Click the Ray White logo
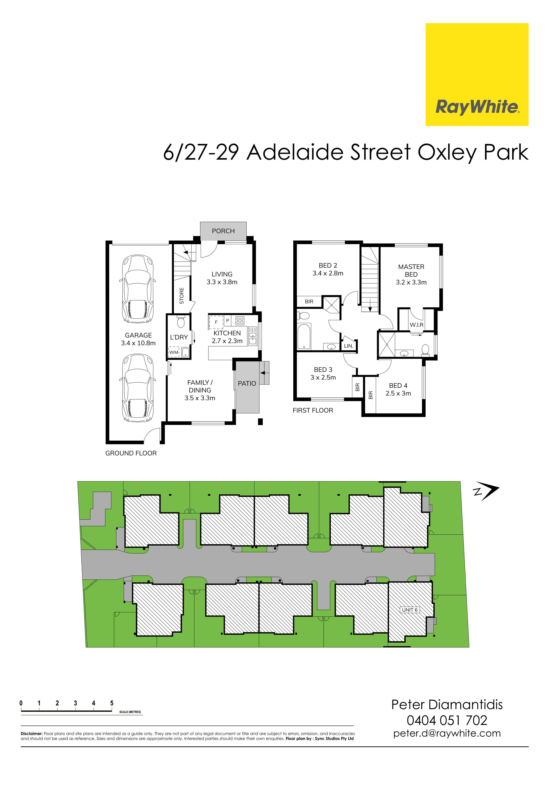point(477,74)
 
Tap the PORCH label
point(223,231)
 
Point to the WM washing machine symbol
point(174,352)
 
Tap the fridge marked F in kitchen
point(216,322)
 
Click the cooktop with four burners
point(240,321)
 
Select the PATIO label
point(247,383)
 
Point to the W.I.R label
point(417,325)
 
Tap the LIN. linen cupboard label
point(348,346)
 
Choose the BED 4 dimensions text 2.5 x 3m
point(398,393)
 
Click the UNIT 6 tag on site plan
point(410,610)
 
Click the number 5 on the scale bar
point(112,703)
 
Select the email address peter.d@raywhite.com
point(447,734)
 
